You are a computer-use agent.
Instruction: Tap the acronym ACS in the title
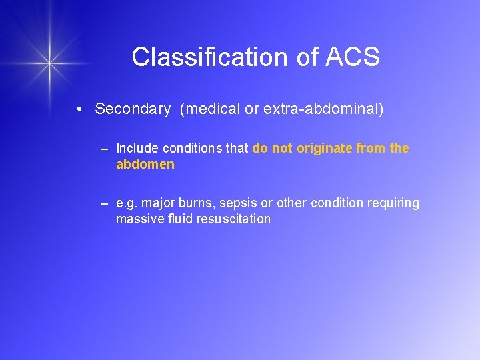point(353,57)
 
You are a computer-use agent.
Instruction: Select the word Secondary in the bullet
point(133,109)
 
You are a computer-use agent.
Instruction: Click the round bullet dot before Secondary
point(79,109)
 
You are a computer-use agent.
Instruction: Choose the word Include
point(135,148)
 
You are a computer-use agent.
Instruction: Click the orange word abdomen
point(145,164)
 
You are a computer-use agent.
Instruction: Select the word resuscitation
point(233,219)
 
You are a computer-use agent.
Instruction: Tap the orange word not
point(282,148)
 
